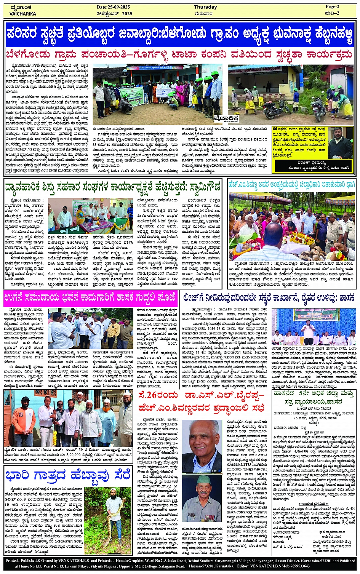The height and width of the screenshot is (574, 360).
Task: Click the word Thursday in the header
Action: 205,7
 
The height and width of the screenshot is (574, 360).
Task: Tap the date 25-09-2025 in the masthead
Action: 114,7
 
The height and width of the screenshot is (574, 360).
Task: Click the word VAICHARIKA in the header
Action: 23,14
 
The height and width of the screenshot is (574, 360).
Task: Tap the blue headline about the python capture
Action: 68,476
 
